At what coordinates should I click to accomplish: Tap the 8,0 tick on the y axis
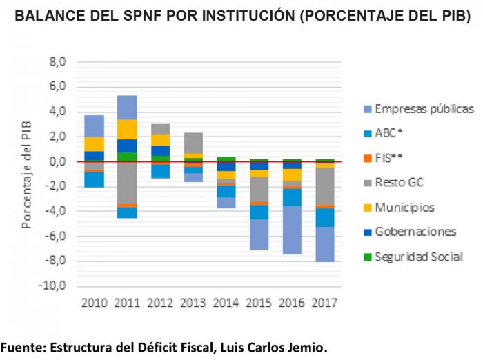coord(57,62)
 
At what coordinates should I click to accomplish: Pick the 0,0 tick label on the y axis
coord(57,161)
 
